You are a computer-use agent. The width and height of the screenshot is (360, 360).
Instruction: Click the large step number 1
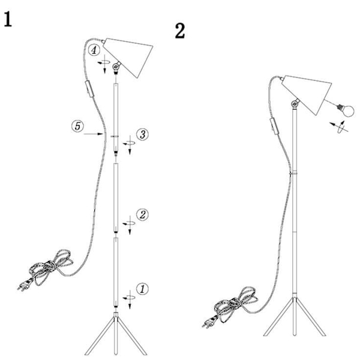coord(8,19)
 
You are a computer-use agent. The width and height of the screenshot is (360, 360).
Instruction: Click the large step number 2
coord(180,31)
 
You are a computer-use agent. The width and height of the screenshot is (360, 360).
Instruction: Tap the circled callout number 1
coord(142,289)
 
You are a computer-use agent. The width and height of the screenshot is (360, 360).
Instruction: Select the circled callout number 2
coord(142,215)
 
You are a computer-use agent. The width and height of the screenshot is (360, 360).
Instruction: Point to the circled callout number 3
coord(142,134)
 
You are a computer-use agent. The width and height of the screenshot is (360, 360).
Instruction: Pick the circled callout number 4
coord(94,50)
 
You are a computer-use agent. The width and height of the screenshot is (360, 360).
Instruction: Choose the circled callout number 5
coord(77,126)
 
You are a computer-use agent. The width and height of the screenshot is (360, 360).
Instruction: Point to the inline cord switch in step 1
coord(89,89)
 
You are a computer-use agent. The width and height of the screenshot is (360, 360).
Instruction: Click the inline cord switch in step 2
coord(274,125)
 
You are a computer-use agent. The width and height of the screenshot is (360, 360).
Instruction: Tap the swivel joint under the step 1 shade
coord(116,67)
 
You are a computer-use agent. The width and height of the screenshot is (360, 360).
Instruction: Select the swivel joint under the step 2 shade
coord(295,104)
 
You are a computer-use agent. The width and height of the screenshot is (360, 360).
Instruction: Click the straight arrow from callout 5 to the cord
coord(93,134)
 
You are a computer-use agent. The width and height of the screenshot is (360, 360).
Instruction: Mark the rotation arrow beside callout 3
coord(129,145)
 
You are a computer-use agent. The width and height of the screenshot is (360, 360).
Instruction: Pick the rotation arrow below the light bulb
coord(339,127)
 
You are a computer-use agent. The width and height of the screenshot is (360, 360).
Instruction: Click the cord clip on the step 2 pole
coord(294,173)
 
